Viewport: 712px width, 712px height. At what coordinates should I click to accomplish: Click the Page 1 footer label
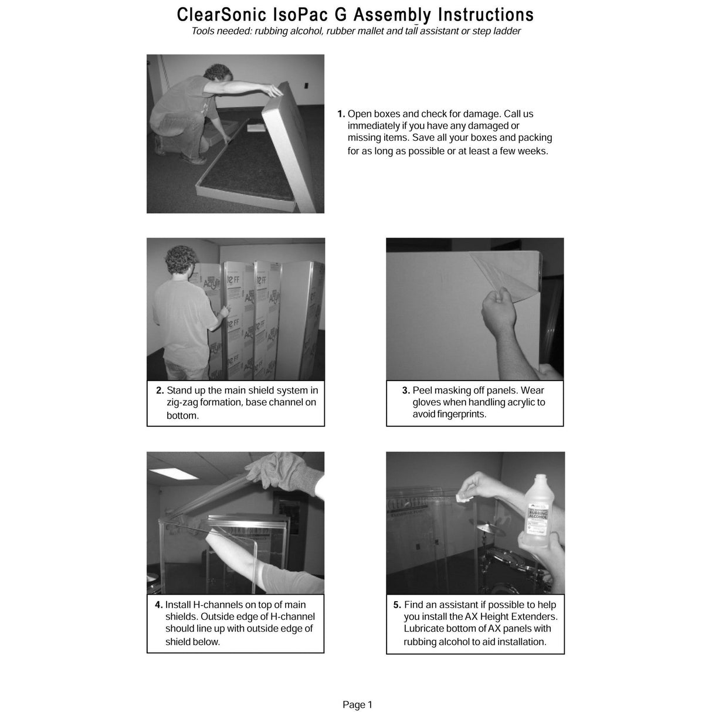click(x=357, y=705)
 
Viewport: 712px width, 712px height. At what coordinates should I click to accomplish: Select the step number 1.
click(x=341, y=114)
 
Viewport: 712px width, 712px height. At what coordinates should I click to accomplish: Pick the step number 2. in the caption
click(x=160, y=391)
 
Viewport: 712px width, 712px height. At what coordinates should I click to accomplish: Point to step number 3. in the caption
click(x=406, y=391)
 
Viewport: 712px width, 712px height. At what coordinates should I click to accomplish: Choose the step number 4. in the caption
click(x=158, y=605)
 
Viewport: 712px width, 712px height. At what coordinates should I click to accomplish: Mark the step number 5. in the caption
click(x=397, y=605)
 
